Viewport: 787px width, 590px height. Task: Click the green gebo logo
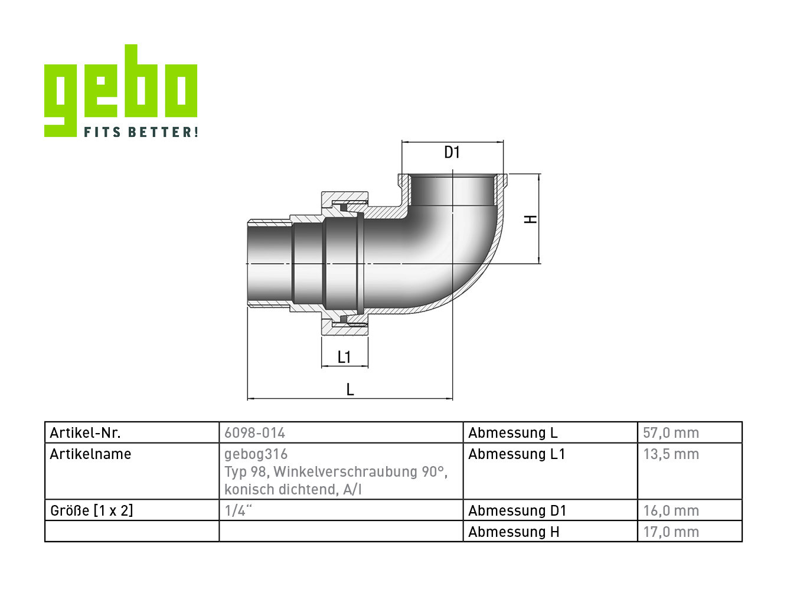pyautogui.click(x=120, y=90)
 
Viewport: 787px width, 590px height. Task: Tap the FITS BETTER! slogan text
pyautogui.click(x=141, y=132)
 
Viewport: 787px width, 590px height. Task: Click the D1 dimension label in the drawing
pyautogui.click(x=452, y=153)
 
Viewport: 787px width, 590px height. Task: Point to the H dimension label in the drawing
pyautogui.click(x=530, y=219)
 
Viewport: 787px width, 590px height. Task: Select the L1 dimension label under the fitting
pyautogui.click(x=344, y=357)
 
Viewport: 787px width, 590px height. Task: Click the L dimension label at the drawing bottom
pyautogui.click(x=350, y=389)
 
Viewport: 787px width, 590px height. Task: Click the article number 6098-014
pyautogui.click(x=254, y=433)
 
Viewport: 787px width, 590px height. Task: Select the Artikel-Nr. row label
pyautogui.click(x=86, y=433)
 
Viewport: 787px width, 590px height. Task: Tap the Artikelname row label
pyautogui.click(x=91, y=454)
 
